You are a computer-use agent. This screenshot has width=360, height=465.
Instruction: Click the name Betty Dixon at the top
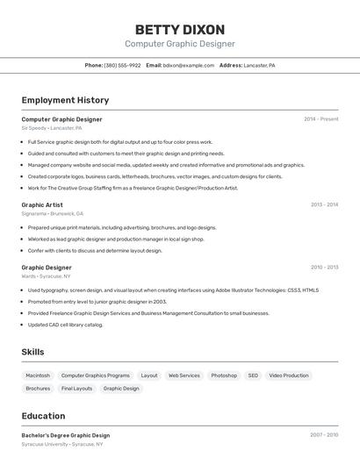[180, 29]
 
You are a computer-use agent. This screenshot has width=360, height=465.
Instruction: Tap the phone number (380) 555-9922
[122, 65]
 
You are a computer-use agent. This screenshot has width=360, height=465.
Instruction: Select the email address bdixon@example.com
[189, 65]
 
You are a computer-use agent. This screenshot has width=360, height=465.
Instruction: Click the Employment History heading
[65, 100]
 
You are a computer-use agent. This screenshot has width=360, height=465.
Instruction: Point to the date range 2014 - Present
[320, 119]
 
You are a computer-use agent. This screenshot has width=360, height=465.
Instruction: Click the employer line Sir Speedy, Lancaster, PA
[52, 128]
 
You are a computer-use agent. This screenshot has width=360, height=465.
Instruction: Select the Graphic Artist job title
[42, 204]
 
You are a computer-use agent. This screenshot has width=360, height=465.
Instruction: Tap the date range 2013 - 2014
[324, 204]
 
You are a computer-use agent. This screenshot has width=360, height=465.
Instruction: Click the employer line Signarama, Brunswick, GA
[53, 213]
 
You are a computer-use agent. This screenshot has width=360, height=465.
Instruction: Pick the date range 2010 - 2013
[324, 268]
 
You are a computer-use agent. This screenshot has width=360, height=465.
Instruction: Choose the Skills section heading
[33, 352]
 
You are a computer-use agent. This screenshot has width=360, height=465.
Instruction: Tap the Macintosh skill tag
[38, 376]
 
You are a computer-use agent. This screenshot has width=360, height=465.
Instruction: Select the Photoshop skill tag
[224, 376]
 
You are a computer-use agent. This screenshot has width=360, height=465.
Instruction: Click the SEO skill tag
[253, 376]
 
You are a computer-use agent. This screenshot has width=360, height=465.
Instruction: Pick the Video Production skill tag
[289, 376]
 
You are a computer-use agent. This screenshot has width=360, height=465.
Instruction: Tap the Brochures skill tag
[38, 389]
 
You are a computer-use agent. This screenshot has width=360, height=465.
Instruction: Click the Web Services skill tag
[184, 376]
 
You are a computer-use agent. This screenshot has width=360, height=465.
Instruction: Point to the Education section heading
[43, 416]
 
